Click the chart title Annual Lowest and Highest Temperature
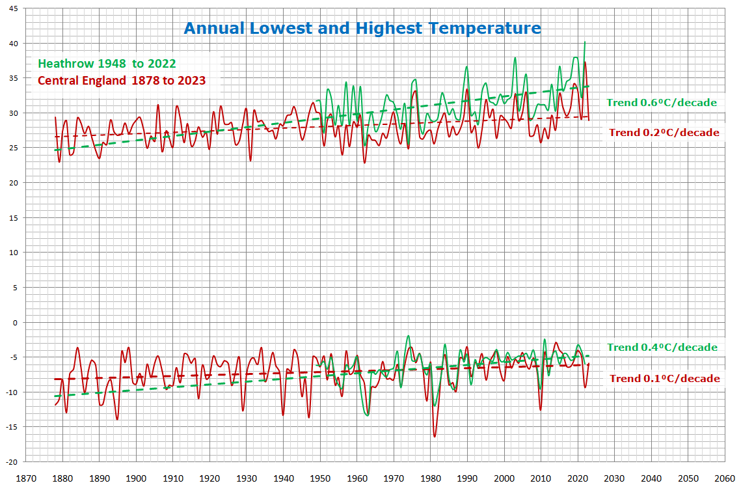coord(362,29)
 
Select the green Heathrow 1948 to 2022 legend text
coord(107,64)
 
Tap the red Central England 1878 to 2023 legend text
coord(122,81)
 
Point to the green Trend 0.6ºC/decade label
coord(662,102)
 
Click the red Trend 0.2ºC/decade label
coord(664,133)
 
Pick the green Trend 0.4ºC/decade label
coord(662,348)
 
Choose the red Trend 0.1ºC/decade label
coord(664,379)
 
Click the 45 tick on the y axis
coord(14,8)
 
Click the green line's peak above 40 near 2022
coord(585,42)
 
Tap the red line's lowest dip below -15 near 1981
coord(435,436)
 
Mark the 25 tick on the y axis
coord(14,148)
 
